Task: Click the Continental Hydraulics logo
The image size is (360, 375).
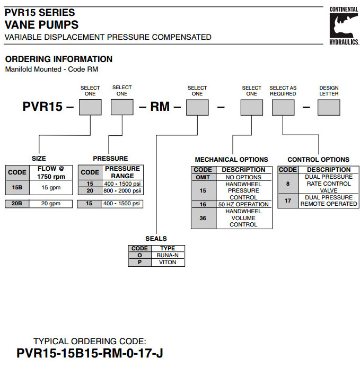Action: tap(343, 25)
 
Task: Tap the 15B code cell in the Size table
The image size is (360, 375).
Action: tap(16, 187)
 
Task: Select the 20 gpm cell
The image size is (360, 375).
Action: tap(50, 204)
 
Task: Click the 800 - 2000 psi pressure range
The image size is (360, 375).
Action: tap(122, 190)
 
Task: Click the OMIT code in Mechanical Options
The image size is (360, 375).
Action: tap(204, 177)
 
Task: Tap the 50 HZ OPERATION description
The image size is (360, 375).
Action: tap(244, 204)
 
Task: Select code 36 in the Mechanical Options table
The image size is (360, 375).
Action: tap(204, 218)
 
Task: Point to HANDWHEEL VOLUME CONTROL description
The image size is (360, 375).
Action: tap(244, 218)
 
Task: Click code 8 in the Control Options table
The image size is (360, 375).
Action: tap(288, 184)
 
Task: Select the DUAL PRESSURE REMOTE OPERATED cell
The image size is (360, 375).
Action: tap(328, 200)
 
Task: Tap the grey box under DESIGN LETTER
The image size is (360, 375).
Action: tap(329, 108)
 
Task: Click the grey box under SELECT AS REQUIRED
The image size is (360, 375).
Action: tap(283, 108)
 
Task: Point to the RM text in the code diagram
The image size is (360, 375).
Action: tap(160, 107)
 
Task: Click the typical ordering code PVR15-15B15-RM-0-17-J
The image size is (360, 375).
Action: tap(90, 353)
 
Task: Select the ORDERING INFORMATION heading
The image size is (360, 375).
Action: tap(59, 59)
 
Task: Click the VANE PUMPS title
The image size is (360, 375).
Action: tap(41, 24)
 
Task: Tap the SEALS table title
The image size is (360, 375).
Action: tap(156, 239)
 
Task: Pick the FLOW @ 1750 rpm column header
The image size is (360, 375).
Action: tap(51, 172)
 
